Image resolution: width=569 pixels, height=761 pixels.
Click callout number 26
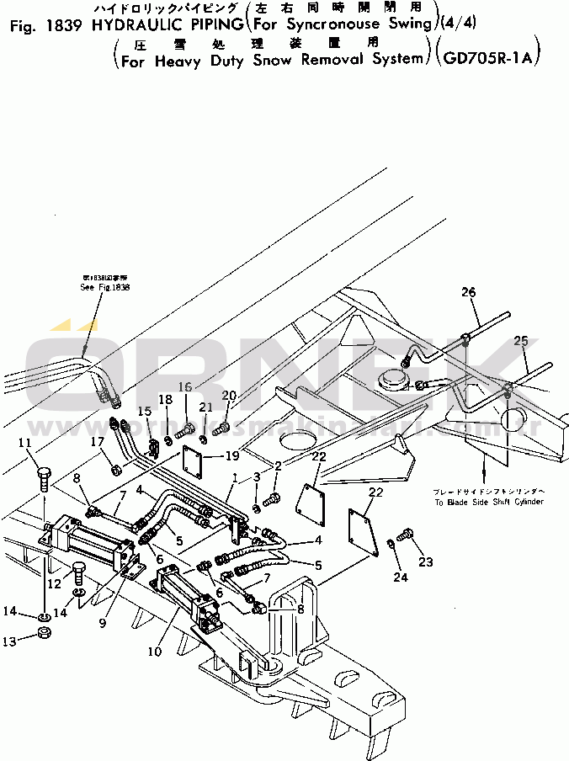pos(468,292)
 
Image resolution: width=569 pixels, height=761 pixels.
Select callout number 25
pos(521,341)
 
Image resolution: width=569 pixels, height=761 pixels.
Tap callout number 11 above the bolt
pos(24,443)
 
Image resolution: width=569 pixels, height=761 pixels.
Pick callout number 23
pos(427,561)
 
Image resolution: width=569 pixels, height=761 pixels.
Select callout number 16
pos(184,386)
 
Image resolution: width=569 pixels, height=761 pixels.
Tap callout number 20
pos(228,395)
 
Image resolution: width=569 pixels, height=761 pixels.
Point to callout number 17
pos(98,441)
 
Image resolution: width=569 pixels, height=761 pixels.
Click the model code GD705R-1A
pos(489,60)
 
